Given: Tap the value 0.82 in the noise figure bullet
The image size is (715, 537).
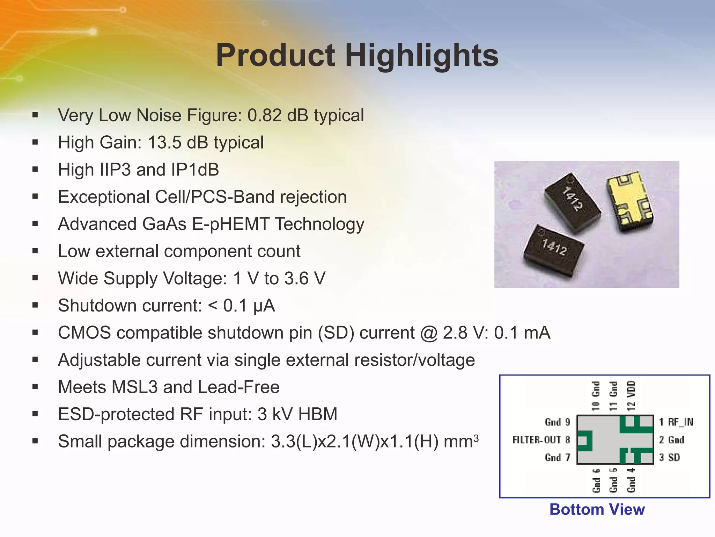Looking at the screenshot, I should (x=264, y=115).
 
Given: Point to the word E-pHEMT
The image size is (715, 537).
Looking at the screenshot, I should (x=230, y=224).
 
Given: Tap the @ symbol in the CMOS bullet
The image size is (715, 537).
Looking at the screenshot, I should (x=429, y=333).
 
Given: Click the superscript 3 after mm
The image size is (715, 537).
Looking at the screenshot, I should (x=476, y=437).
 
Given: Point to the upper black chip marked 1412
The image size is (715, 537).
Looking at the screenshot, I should (x=573, y=201).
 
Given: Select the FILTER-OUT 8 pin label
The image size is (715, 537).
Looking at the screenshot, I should (x=541, y=440).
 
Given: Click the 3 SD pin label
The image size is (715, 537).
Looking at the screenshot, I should (x=669, y=458).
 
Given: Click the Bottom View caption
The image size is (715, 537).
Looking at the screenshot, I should (x=597, y=510).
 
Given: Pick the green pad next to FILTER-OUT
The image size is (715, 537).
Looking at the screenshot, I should (x=585, y=441).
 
